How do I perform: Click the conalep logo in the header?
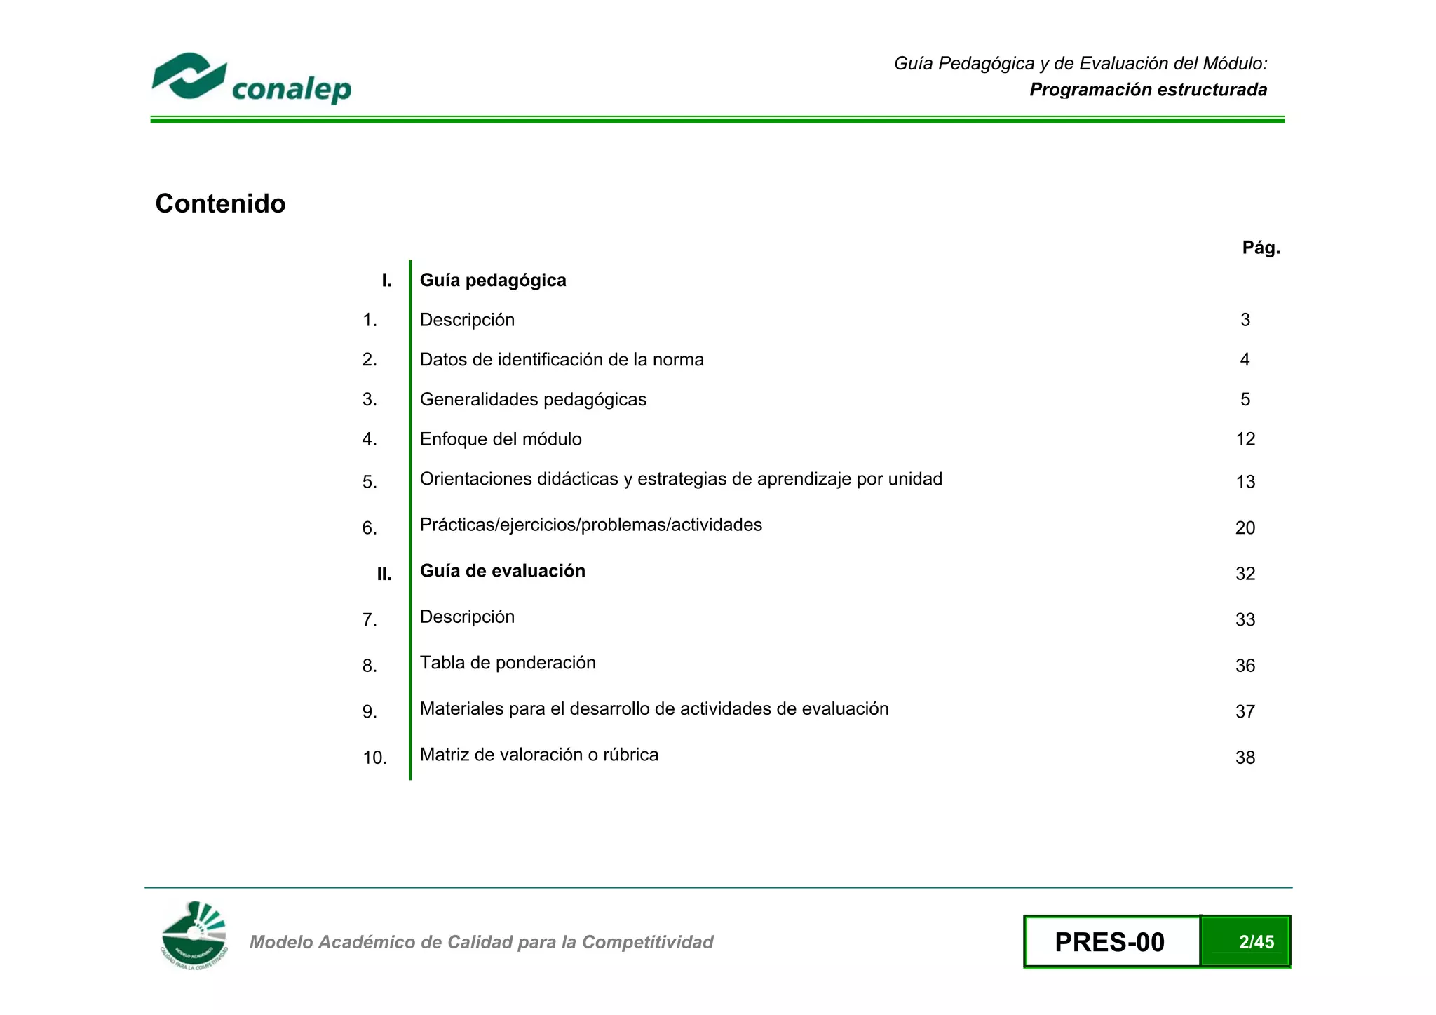tap(251, 78)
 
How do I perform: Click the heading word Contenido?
tap(220, 203)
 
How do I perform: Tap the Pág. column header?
tap(1261, 248)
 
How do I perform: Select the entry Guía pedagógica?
tap(492, 281)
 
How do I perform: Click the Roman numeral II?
tap(384, 574)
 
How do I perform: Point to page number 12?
tap(1245, 439)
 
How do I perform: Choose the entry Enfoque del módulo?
tap(500, 439)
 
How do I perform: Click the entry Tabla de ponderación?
tap(507, 663)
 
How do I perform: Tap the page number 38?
tap(1245, 758)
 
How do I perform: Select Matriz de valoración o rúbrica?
tap(538, 755)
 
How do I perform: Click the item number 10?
tap(374, 758)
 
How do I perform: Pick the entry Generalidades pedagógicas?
tap(533, 400)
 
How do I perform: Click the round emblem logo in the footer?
tap(194, 935)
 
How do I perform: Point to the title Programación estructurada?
tap(1148, 90)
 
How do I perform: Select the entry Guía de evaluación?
tap(502, 571)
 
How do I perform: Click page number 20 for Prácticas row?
tap(1245, 527)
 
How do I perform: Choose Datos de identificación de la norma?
tap(561, 360)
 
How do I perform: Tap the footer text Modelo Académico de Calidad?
tap(481, 942)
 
